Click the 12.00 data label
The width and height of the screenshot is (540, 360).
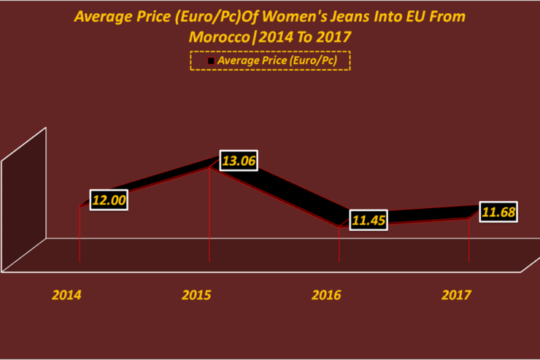tap(109, 200)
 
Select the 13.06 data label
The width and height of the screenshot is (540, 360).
tap(239, 161)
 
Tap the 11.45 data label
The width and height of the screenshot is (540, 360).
tap(368, 220)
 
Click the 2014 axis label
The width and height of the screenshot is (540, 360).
tap(66, 296)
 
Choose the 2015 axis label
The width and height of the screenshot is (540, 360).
tap(196, 296)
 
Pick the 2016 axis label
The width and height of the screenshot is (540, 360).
tap(326, 296)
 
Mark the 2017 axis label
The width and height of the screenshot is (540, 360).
tap(456, 296)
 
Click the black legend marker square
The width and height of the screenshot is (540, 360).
tap(211, 61)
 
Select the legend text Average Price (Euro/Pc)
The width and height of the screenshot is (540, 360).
tap(277, 61)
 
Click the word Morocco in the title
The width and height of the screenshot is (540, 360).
tap(217, 36)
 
